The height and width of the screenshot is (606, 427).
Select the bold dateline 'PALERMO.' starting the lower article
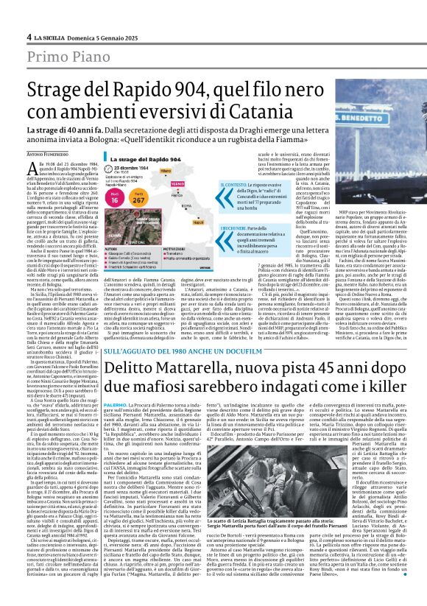tap(115, 405)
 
